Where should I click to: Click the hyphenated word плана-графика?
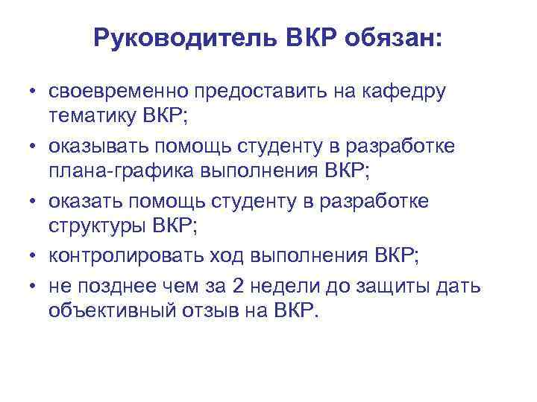click(x=121, y=172)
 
